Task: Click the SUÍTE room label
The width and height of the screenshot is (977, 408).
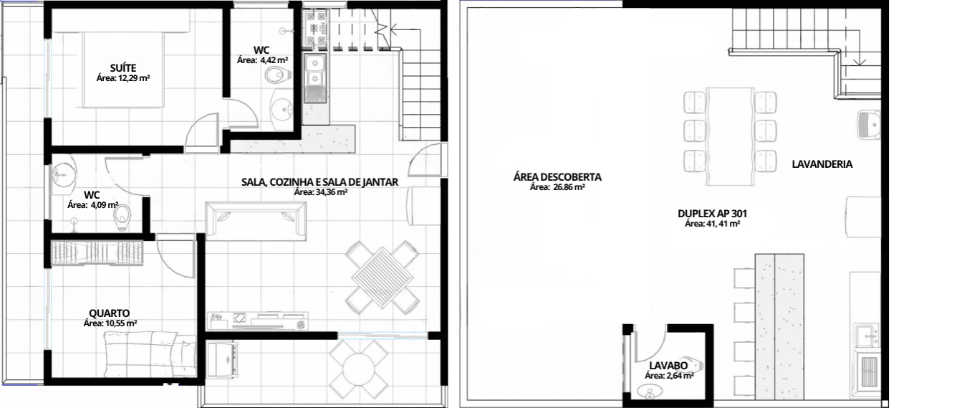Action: (x=123, y=67)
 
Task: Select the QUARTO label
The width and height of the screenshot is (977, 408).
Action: (x=109, y=313)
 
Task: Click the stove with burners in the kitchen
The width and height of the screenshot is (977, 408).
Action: (x=316, y=29)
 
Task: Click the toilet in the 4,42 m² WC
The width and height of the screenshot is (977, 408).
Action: (x=277, y=76)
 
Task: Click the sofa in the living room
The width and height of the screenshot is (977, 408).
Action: (x=256, y=221)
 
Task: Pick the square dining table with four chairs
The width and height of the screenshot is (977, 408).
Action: (x=382, y=277)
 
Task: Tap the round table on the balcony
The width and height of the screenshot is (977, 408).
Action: (x=359, y=369)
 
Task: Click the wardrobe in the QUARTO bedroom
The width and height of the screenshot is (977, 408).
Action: (x=97, y=253)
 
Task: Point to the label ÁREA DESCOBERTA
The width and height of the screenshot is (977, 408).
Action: (x=557, y=177)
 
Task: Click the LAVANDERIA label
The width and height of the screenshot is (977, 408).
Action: (x=822, y=164)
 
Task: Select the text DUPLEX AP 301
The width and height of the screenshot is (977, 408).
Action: (x=712, y=214)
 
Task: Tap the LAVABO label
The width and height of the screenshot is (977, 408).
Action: (x=668, y=366)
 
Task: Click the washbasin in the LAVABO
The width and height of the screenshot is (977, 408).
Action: (x=648, y=392)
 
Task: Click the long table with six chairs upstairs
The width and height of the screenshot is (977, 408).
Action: (x=730, y=137)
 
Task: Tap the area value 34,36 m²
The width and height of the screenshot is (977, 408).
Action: (x=320, y=192)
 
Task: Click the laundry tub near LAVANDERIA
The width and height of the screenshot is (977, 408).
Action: (x=868, y=125)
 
